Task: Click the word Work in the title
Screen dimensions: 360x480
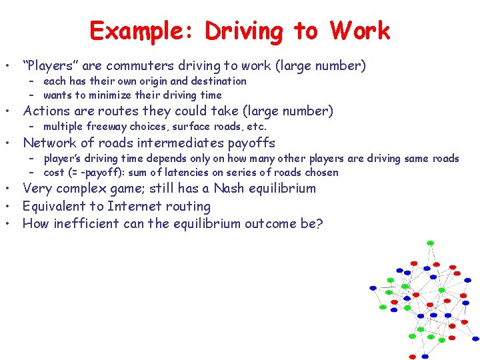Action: coord(359,31)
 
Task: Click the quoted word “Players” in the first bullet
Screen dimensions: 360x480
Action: coord(51,66)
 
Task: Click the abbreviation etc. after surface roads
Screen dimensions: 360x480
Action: coord(257,127)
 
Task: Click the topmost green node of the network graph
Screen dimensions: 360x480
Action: coord(430,243)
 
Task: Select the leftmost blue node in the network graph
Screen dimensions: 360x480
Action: coord(373,288)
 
